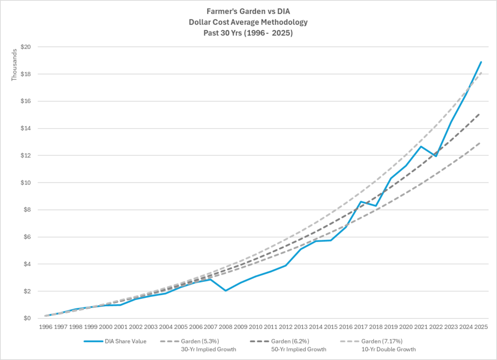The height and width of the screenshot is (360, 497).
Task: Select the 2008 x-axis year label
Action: (225, 327)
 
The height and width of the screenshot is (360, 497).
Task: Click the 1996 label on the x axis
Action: (45, 327)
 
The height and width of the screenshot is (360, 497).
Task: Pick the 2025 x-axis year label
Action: (481, 327)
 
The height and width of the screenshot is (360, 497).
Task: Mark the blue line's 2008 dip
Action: (225, 291)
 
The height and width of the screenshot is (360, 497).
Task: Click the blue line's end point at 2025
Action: (481, 62)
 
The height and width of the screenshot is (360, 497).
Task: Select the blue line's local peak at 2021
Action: (421, 146)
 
